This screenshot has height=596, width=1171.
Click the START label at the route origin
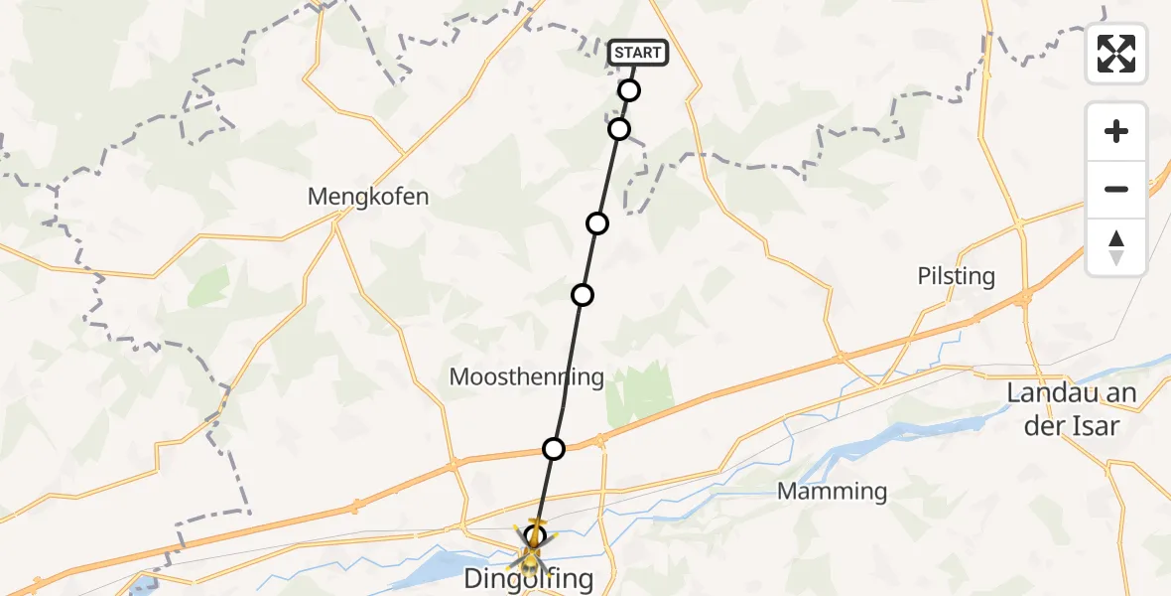point(638,53)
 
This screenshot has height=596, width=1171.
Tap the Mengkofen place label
point(368,197)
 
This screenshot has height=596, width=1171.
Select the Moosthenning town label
point(527,376)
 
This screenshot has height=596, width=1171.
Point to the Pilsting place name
point(957,276)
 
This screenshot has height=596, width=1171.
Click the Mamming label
point(833,491)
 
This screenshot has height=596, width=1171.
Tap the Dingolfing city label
point(530,578)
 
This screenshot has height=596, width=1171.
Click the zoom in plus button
point(1116,132)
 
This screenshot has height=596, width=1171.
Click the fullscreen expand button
point(1116,53)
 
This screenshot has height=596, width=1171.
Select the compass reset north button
point(1116,247)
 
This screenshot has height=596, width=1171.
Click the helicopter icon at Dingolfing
point(533,545)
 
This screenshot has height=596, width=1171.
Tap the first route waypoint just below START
point(629,90)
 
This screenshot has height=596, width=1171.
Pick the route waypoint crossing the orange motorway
point(554,449)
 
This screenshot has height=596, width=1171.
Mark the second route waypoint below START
point(619,129)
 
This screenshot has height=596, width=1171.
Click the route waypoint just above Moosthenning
point(583,295)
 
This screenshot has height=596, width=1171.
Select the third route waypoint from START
point(597,223)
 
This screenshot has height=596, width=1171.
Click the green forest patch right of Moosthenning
point(640,392)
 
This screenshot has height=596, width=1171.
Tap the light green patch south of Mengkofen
point(207,287)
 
